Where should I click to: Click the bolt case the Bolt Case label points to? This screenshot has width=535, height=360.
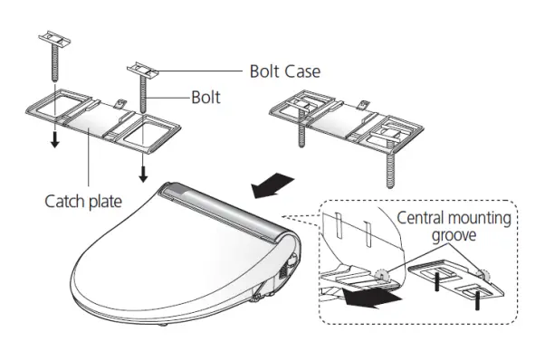146,69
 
